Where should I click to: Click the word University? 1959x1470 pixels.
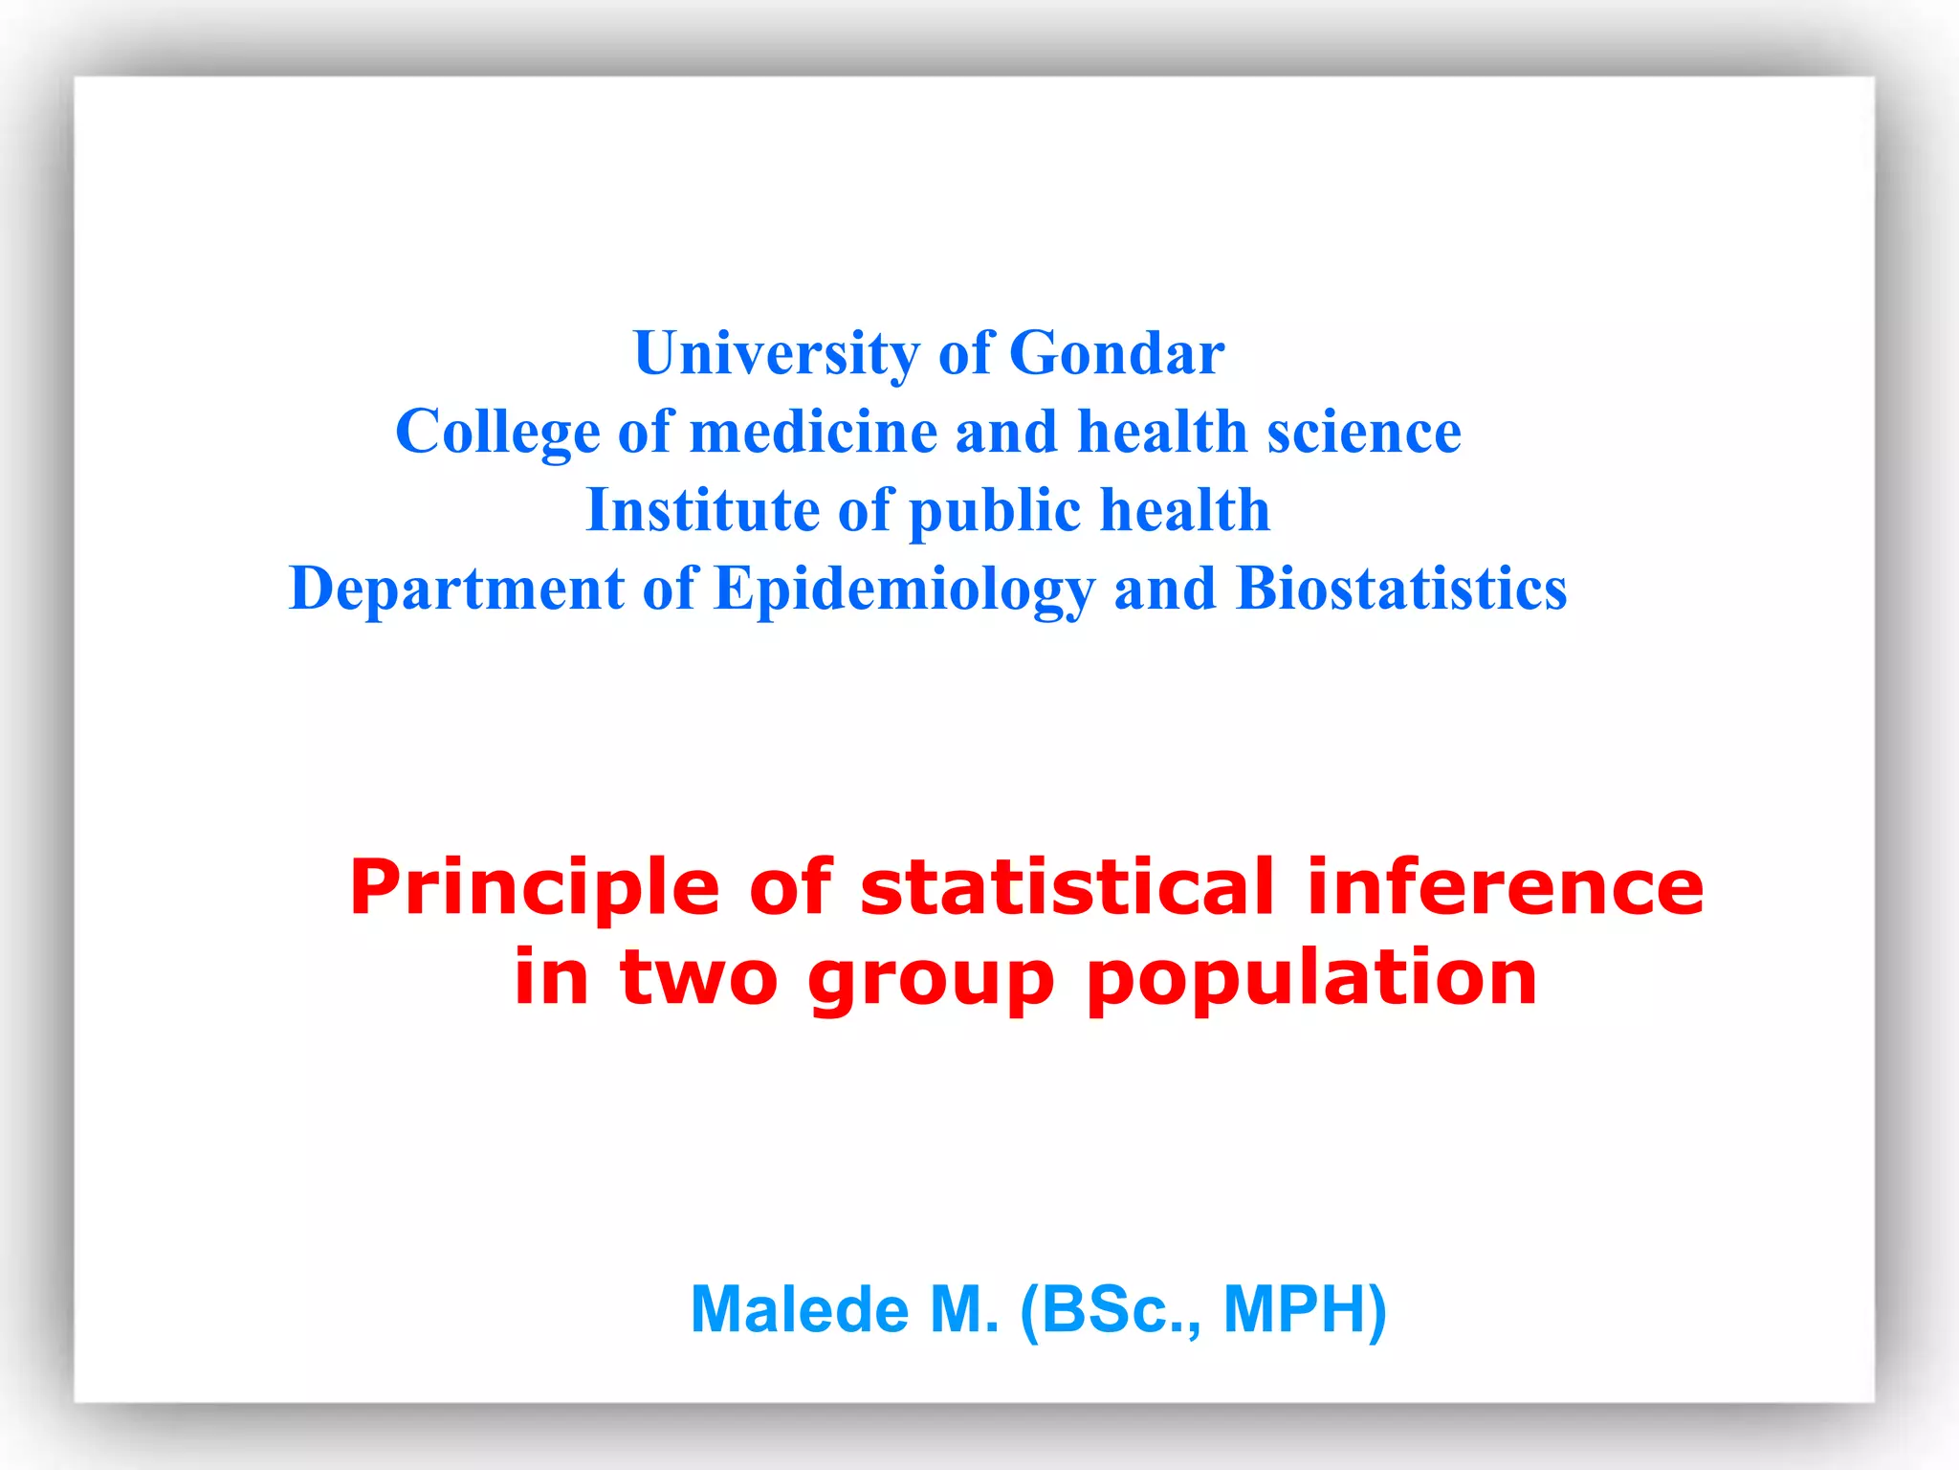tap(776, 354)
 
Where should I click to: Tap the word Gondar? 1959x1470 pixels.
tap(1116, 354)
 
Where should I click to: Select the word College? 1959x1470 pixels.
tap(497, 433)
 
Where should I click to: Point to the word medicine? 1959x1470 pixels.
tap(813, 433)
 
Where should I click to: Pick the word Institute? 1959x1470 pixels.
tap(702, 510)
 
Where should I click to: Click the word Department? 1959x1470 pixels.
tap(456, 589)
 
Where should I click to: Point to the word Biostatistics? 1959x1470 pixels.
tap(1401, 589)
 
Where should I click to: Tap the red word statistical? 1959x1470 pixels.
tap(1068, 887)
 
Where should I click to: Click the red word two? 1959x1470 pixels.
tap(698, 978)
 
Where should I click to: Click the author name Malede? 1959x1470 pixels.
tap(799, 1309)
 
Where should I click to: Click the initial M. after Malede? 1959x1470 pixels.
tap(964, 1309)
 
